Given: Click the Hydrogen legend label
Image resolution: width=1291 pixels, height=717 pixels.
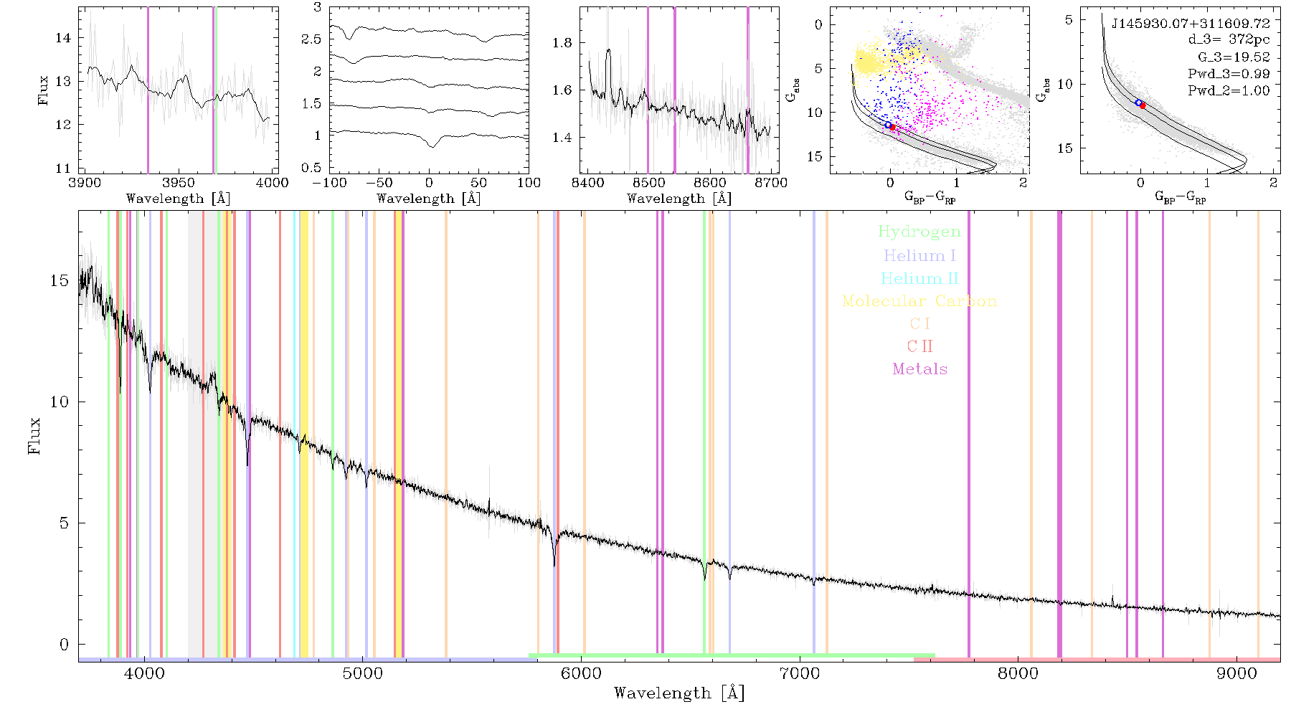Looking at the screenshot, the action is (x=919, y=232).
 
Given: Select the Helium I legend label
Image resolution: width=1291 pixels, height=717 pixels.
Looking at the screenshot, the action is (x=919, y=255).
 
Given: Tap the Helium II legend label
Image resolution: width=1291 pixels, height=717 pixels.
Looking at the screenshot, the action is (x=919, y=278).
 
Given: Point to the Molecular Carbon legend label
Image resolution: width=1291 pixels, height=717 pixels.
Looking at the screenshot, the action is (x=919, y=301).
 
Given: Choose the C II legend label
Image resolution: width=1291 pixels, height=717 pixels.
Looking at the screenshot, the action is (x=919, y=346).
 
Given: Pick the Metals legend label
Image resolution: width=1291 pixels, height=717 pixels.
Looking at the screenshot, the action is (x=919, y=369).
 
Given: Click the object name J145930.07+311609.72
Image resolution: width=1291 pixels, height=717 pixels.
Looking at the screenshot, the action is (x=1191, y=24).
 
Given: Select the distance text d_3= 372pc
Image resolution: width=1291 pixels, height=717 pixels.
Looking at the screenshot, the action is (x=1229, y=40).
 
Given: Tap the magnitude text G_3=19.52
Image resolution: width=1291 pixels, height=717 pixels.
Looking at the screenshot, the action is (x=1234, y=57).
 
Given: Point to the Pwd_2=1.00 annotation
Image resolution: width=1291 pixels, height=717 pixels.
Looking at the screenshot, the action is (x=1229, y=91).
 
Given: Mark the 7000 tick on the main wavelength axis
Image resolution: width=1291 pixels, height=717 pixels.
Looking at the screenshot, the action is (x=800, y=673).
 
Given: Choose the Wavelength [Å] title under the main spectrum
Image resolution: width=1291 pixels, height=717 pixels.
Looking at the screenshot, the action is (x=679, y=693).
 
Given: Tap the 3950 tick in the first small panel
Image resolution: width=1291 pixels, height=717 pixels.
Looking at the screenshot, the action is (x=179, y=183).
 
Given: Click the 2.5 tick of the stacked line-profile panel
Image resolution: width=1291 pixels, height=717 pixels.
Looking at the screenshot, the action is (x=312, y=39).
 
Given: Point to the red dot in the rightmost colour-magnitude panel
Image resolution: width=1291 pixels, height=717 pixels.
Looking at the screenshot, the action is (x=1143, y=105).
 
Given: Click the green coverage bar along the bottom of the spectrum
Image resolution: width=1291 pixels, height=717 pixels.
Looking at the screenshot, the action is (x=732, y=655).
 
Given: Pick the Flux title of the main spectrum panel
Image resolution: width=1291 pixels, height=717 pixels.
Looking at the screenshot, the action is (x=34, y=435).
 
